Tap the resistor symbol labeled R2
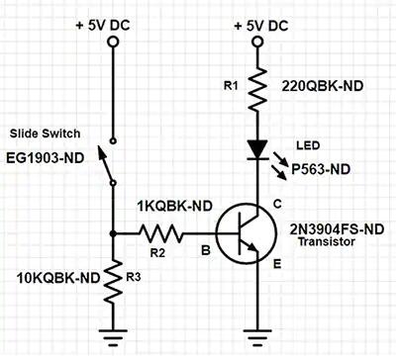[159, 234]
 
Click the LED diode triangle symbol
[257, 149]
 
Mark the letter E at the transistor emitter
[277, 264]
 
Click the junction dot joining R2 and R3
[114, 234]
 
